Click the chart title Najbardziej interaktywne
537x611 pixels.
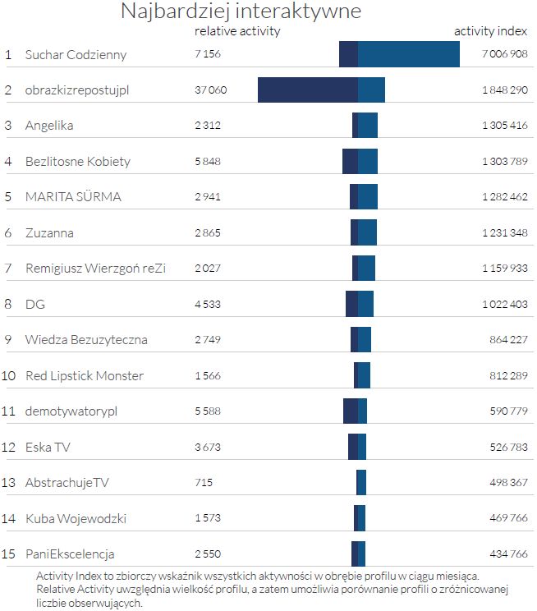[241, 11]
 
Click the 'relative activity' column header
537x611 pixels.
[237, 31]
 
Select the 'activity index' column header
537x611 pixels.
[491, 31]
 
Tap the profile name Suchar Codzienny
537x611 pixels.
[76, 55]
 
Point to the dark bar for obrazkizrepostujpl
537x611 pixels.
[307, 90]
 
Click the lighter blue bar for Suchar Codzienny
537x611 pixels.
[408, 54]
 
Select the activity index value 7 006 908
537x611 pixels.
[504, 55]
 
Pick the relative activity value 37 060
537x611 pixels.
[210, 90]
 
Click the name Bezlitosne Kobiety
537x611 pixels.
[78, 161]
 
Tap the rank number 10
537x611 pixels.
[9, 375]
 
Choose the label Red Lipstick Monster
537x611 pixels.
[85, 375]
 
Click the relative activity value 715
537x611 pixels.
[204, 482]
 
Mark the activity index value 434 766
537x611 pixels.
[508, 554]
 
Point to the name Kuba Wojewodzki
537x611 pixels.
[76, 518]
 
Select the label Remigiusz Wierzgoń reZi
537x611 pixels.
[95, 269]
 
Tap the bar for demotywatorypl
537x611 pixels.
[355, 411]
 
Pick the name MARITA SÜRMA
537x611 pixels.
[73, 197]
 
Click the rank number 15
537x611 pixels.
[9, 554]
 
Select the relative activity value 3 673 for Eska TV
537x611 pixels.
[208, 447]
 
